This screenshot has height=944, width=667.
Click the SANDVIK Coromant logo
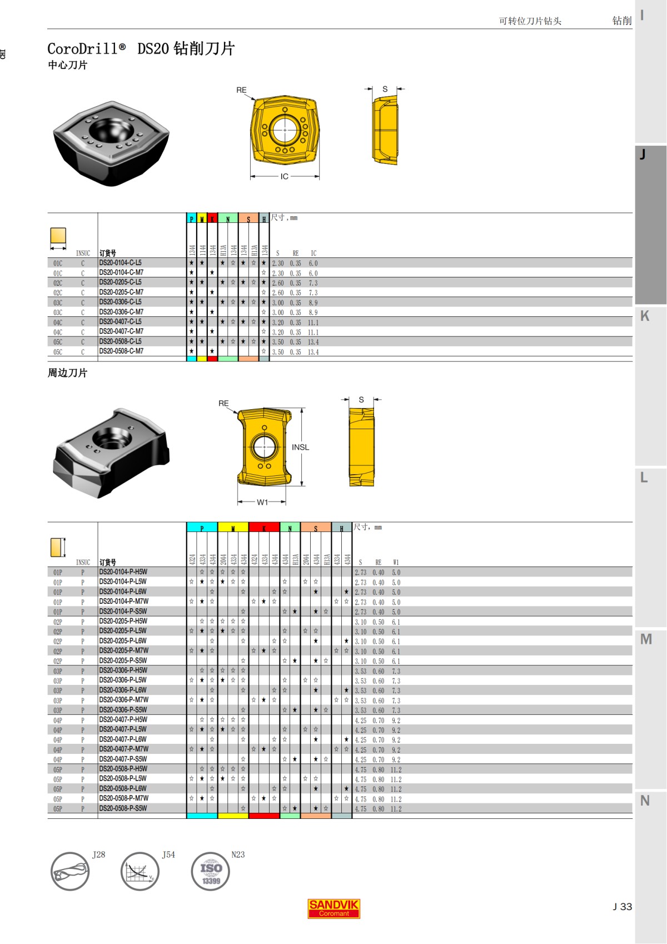coord(333,908)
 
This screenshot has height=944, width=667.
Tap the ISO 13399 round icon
coord(210,871)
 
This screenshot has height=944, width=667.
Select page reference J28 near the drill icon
coord(98,854)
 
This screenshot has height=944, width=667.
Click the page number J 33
coord(622,906)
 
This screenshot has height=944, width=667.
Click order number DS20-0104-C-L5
coord(120,263)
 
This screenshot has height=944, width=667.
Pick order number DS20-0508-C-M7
coord(121,351)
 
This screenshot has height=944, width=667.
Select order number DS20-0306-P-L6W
coord(123,690)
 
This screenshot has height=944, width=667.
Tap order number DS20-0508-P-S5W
coord(123,808)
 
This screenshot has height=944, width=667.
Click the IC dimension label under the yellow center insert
coord(285,176)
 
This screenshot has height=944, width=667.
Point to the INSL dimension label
coord(300,447)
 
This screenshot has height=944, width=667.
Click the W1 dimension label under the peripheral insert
coord(262,502)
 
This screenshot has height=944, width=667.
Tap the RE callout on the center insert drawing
coord(241,90)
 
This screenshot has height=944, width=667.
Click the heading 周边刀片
coord(67,373)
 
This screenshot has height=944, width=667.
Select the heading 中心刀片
coord(67,65)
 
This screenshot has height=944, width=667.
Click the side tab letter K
coord(645,316)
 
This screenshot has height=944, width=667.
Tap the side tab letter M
coord(645,639)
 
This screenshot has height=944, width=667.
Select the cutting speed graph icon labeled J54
coord(140,871)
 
